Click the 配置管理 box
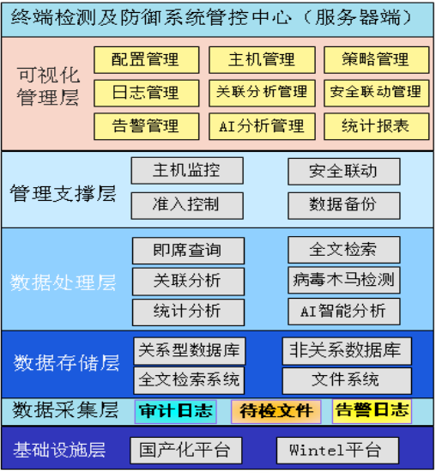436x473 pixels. pos(146,60)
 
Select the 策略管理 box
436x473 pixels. pos(376,60)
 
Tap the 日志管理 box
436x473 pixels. pos(146,93)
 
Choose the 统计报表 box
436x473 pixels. pos(376,126)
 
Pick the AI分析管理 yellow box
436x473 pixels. pos(262,126)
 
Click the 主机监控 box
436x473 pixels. pos(187,171)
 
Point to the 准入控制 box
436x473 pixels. pos(187,206)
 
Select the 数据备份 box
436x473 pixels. pos(344,206)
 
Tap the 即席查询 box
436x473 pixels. pos(188,251)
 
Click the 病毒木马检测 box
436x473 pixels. pos(344,280)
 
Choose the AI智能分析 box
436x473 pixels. pos(344,312)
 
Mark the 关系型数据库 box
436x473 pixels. pos(190,351)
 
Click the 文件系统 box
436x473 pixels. pos(347,380)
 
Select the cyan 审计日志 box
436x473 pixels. pos(175,411)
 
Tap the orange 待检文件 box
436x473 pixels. pos(276,411)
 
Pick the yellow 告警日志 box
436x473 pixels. pos(372,411)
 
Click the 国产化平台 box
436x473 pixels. pos(186,451)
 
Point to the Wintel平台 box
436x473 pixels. pos(337,451)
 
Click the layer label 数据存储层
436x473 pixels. pos(66,362)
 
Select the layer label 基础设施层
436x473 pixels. pos(59,450)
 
